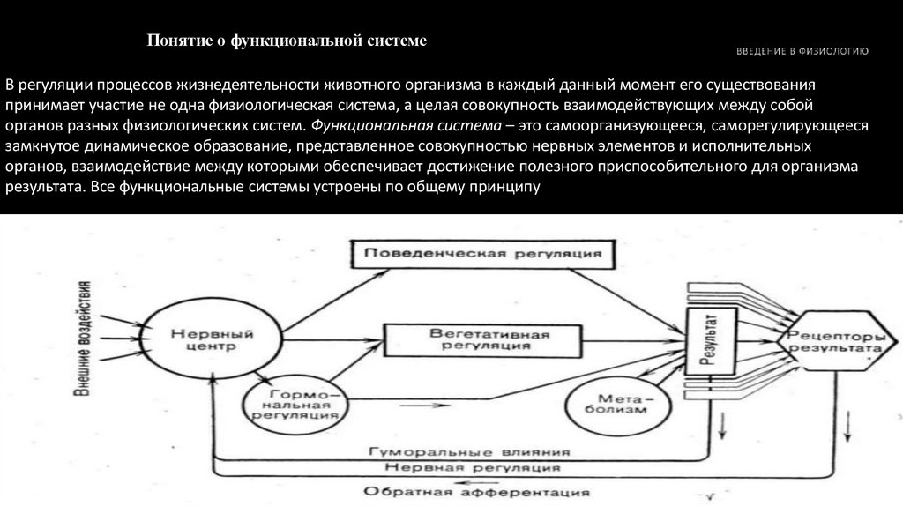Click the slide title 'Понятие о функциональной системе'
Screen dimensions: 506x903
(286, 41)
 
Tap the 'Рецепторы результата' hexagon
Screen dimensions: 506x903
(834, 342)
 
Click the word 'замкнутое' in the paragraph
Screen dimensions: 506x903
(43, 146)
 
